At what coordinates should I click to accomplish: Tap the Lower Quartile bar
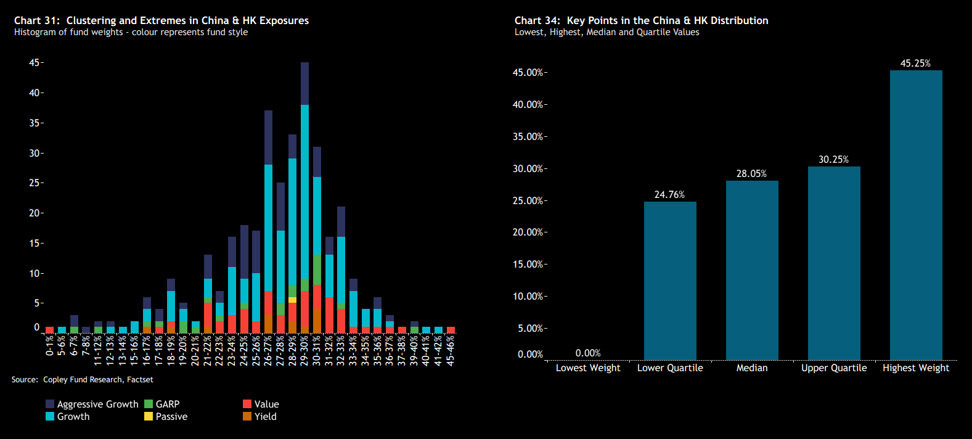point(670,281)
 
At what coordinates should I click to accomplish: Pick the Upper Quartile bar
point(834,263)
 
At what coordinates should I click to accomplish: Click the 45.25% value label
point(915,64)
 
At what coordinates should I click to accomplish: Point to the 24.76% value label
point(669,195)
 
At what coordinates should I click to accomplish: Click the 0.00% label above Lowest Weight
point(588,353)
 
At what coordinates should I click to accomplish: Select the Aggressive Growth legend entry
point(92,404)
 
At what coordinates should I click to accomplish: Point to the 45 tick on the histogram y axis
point(34,63)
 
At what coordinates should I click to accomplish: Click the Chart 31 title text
point(161,20)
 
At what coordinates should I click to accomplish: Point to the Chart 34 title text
point(641,20)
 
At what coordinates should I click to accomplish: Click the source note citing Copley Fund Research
point(82,380)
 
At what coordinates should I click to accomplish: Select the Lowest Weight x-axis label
point(588,368)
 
